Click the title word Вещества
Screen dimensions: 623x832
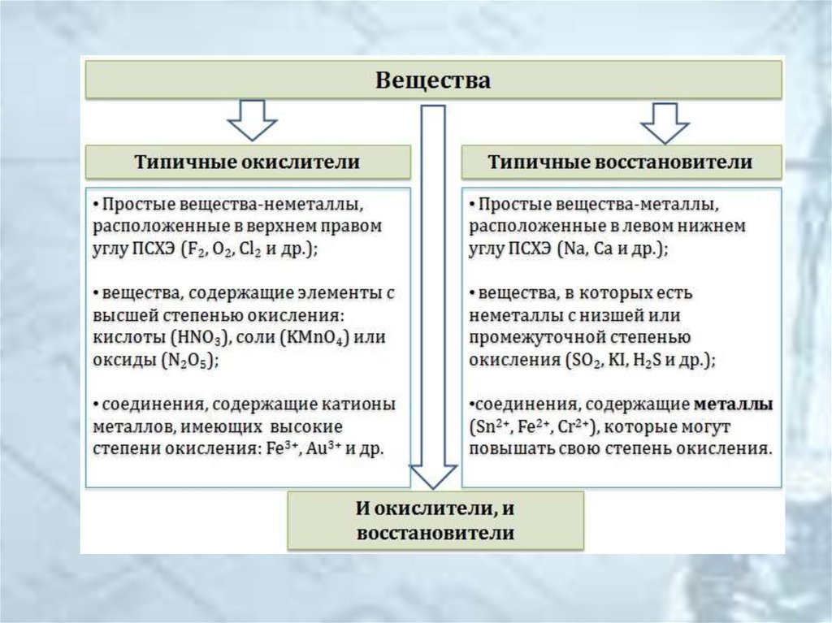[433, 80]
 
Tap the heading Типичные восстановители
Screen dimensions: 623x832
[620, 161]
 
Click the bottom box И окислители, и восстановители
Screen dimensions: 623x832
[435, 521]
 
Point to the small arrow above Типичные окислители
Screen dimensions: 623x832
[251, 119]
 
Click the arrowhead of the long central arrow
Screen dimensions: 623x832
[432, 476]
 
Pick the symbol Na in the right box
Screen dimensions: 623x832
[572, 250]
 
